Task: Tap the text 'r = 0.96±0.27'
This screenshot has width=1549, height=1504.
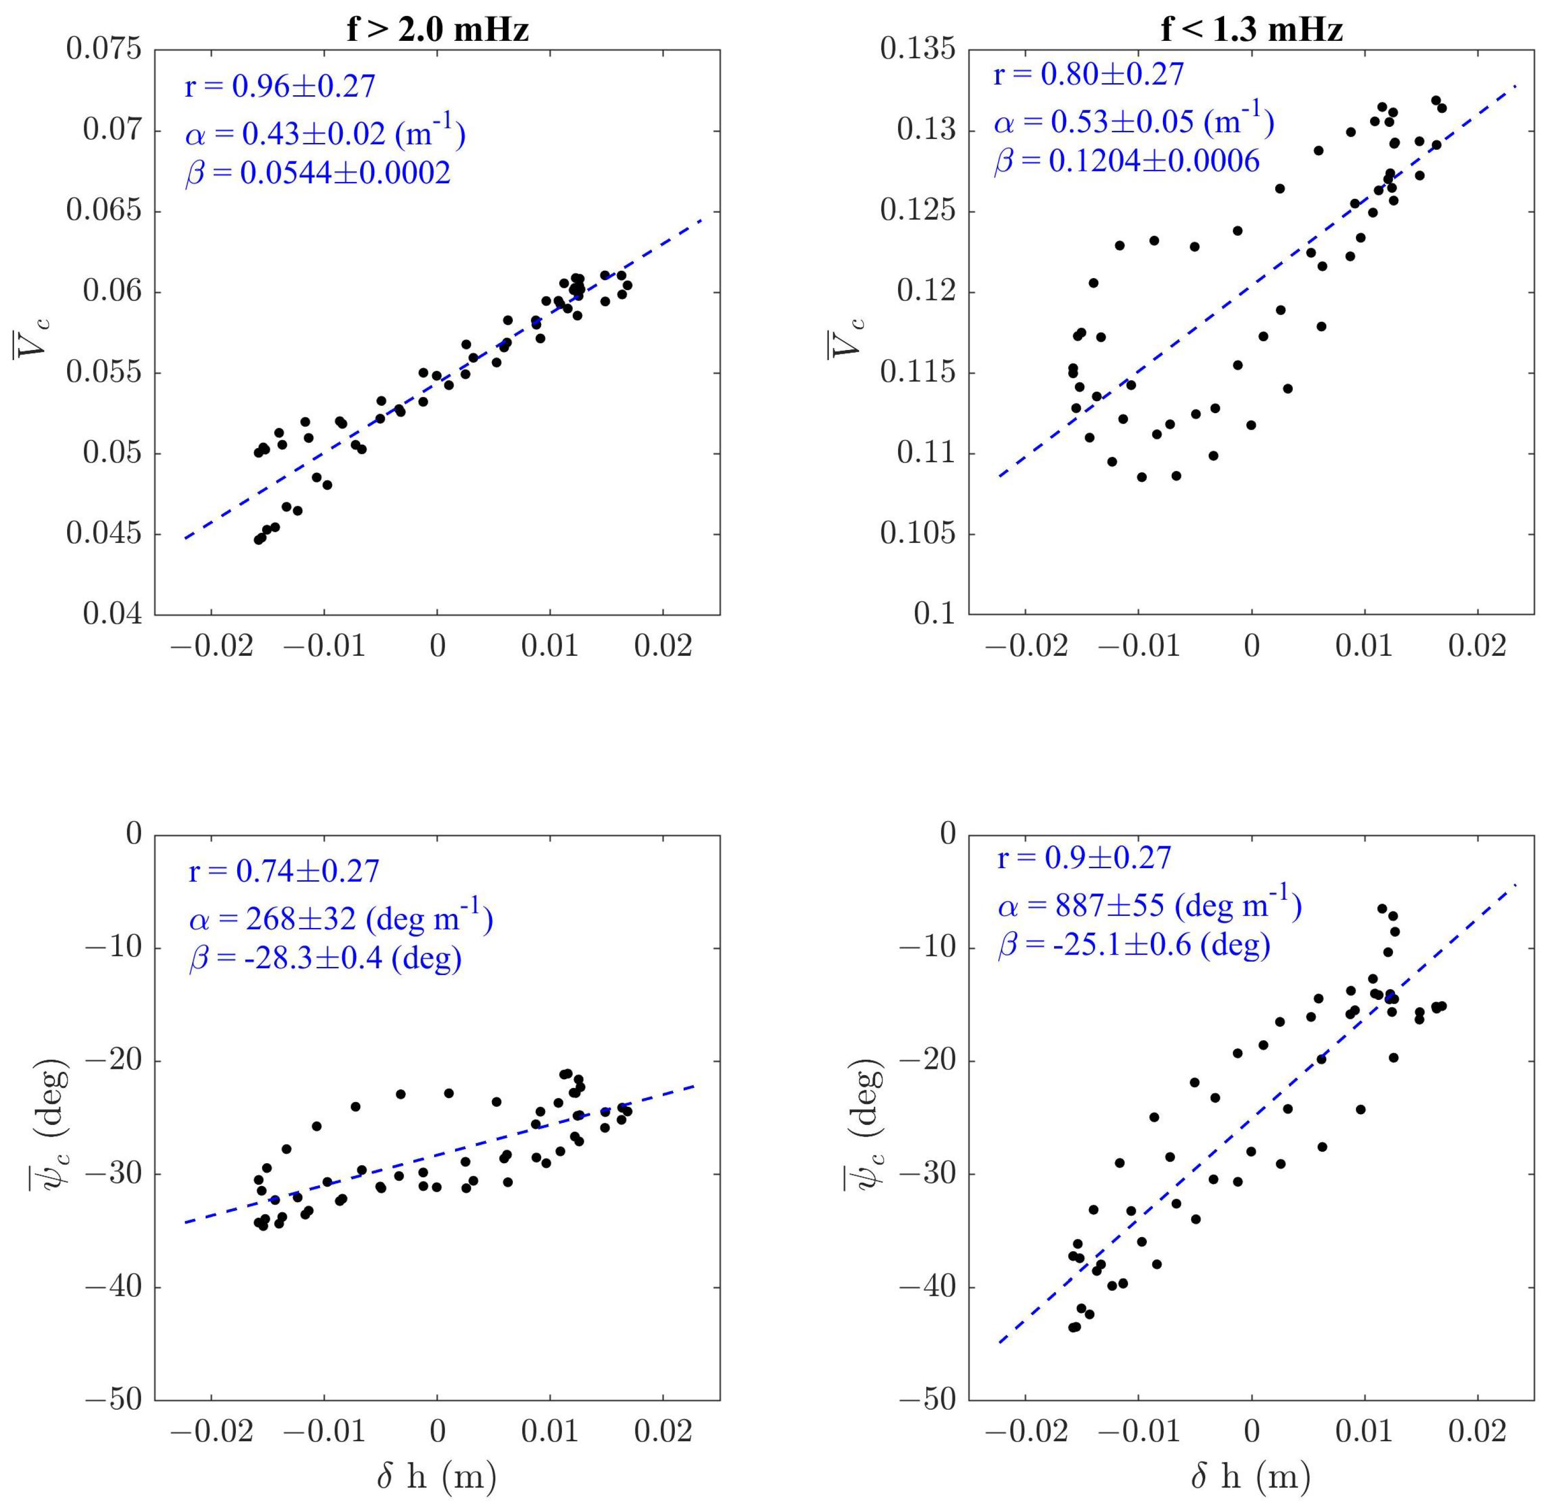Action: pos(280,86)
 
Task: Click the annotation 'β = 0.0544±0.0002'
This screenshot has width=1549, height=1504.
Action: pos(317,172)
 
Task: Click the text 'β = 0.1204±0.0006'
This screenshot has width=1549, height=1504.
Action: pos(1126,161)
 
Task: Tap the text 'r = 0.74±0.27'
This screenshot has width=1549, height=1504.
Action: pos(284,871)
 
